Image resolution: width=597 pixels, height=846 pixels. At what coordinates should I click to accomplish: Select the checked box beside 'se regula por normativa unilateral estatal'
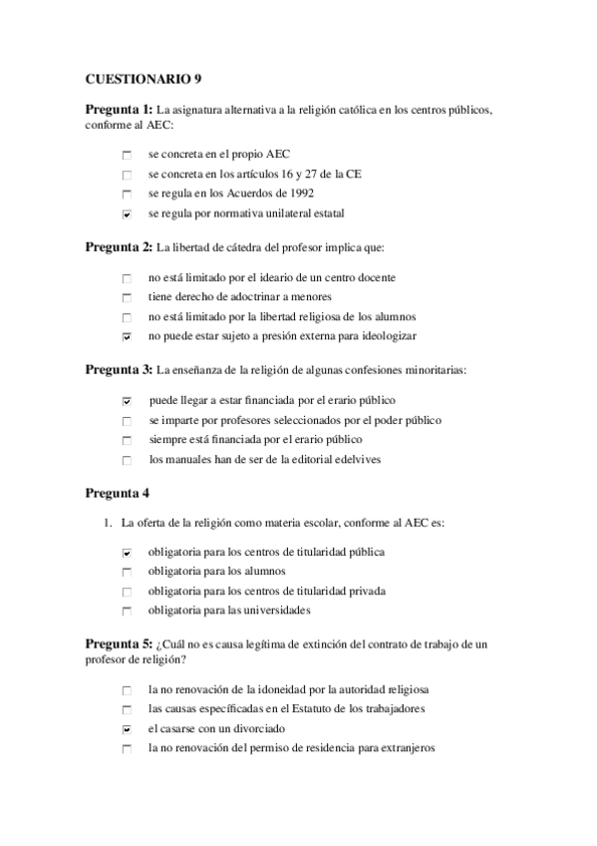[127, 213]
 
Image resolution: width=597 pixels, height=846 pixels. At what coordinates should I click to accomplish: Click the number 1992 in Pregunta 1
[301, 194]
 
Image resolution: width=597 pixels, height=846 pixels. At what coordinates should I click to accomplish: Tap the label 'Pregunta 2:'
[119, 246]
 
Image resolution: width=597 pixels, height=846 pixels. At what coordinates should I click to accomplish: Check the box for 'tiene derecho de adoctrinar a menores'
[127, 298]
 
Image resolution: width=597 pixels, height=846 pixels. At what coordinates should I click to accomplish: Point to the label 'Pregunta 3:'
[119, 369]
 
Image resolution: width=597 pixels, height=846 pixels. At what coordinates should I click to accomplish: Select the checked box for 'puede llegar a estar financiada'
[127, 401]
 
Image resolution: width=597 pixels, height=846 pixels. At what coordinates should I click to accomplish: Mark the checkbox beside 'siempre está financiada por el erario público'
[127, 440]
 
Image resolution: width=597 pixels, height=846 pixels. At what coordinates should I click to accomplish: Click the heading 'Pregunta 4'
[118, 492]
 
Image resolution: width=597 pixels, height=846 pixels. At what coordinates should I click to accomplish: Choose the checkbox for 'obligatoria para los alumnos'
[127, 572]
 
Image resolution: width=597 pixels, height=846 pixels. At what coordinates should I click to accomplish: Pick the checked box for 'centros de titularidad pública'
[127, 553]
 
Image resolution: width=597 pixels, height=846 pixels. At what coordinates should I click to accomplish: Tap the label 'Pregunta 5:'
[119, 644]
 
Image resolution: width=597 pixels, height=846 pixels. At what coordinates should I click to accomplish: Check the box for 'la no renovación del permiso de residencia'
[127, 749]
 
